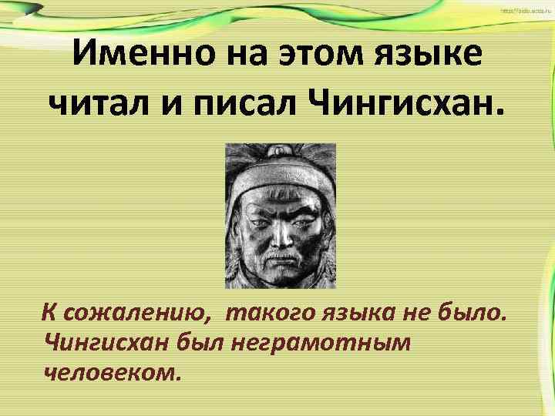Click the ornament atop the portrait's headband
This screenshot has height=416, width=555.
coord(279,155)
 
